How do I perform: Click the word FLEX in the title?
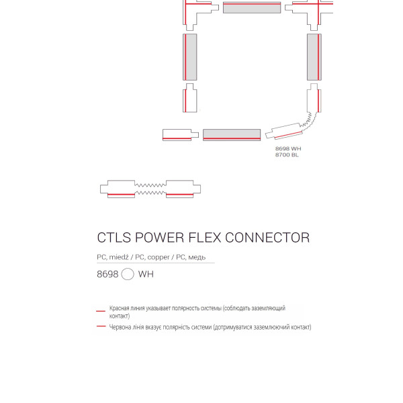pos(205,238)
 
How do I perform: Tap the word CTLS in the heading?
pos(114,238)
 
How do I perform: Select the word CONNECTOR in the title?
pos(267,238)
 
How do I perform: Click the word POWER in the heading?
pos(160,238)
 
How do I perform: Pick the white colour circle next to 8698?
pos(128,274)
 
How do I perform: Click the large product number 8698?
pos(107,274)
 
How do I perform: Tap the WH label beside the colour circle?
pos(146,274)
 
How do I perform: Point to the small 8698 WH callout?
pos(288,148)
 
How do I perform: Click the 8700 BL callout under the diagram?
pos(287,154)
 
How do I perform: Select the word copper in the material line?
pos(159,257)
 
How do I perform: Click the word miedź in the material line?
pos(118,257)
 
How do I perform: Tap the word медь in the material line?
pos(197,257)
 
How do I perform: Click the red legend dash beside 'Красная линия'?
pos(101,311)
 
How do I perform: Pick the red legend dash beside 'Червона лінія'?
pos(101,326)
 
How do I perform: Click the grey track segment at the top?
pos(252,7)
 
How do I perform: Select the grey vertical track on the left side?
pos(190,57)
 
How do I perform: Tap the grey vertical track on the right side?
pos(314,57)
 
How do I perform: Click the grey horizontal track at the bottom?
pos(232,135)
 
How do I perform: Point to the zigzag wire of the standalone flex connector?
pos(150,189)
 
